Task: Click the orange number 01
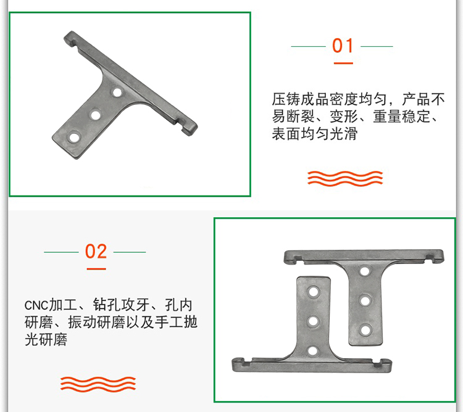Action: click(343, 46)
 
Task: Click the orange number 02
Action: click(96, 252)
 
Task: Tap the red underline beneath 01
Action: click(343, 63)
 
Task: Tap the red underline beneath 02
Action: click(96, 269)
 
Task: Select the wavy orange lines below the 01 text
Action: click(345, 178)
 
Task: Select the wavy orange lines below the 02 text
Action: click(98, 384)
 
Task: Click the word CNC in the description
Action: click(36, 305)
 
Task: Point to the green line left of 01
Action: click(308, 46)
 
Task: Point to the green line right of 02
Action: click(130, 252)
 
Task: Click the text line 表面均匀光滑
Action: click(314, 134)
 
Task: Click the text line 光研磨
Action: click(46, 339)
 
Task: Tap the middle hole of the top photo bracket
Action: click(96, 115)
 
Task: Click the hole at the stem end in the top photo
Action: click(74, 138)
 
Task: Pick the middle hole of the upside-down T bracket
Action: click(313, 321)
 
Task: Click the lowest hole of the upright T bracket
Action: click(366, 330)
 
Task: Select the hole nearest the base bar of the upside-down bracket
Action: click(312, 351)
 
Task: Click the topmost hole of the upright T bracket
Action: click(365, 271)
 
